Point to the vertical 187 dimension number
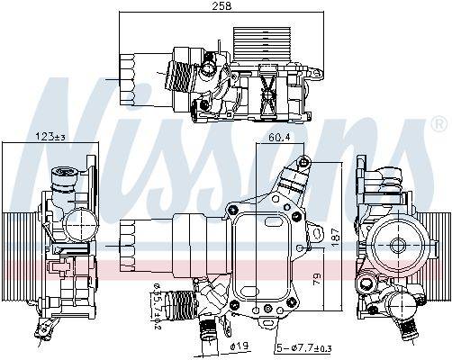pos(337,235)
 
